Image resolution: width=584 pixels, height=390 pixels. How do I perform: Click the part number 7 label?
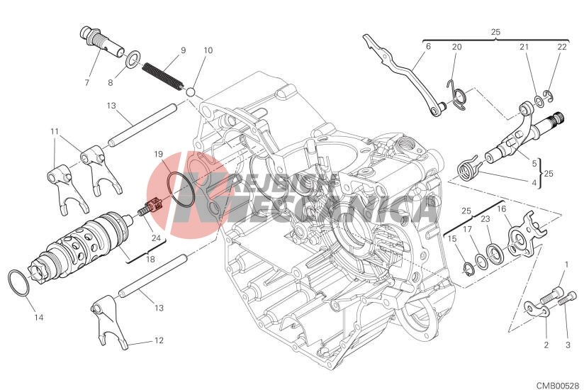coord(87,82)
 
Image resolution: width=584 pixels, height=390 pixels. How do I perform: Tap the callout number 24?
coord(155,238)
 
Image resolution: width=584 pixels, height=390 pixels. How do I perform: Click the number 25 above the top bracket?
coord(495,32)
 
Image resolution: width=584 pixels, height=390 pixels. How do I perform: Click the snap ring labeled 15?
coord(469,267)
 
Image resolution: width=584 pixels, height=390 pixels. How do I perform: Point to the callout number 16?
coord(500,209)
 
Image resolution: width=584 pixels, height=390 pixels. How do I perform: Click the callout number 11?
coord(54,131)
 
